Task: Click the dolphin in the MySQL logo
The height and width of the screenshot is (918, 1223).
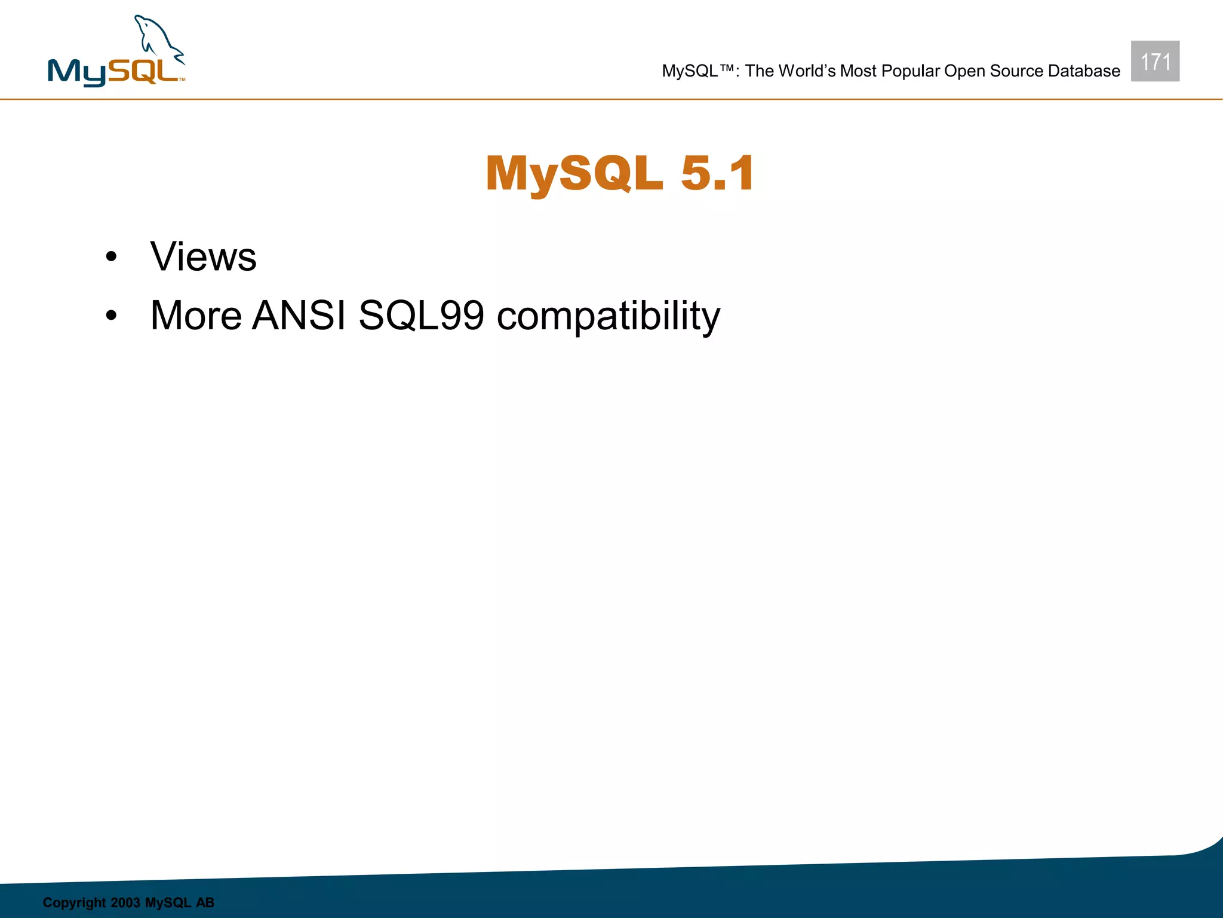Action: [156, 41]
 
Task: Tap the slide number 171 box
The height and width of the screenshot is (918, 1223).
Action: [1155, 61]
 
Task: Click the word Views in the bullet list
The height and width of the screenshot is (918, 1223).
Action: [203, 257]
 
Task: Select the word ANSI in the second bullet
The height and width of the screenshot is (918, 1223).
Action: [299, 315]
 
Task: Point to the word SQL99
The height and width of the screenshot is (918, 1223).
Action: [421, 315]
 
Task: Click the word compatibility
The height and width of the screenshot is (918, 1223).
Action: [609, 316]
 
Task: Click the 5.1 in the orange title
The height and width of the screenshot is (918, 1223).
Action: [717, 173]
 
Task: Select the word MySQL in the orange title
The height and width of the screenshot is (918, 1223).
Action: [574, 173]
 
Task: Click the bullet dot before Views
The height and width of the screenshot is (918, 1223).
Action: [111, 258]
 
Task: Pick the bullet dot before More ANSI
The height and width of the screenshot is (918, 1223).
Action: [111, 316]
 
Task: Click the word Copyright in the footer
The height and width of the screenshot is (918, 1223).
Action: [73, 902]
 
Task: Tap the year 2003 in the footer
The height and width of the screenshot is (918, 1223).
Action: [125, 902]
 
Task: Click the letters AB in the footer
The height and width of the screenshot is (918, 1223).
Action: [205, 902]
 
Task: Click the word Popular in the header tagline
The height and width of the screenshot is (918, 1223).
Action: [910, 71]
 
